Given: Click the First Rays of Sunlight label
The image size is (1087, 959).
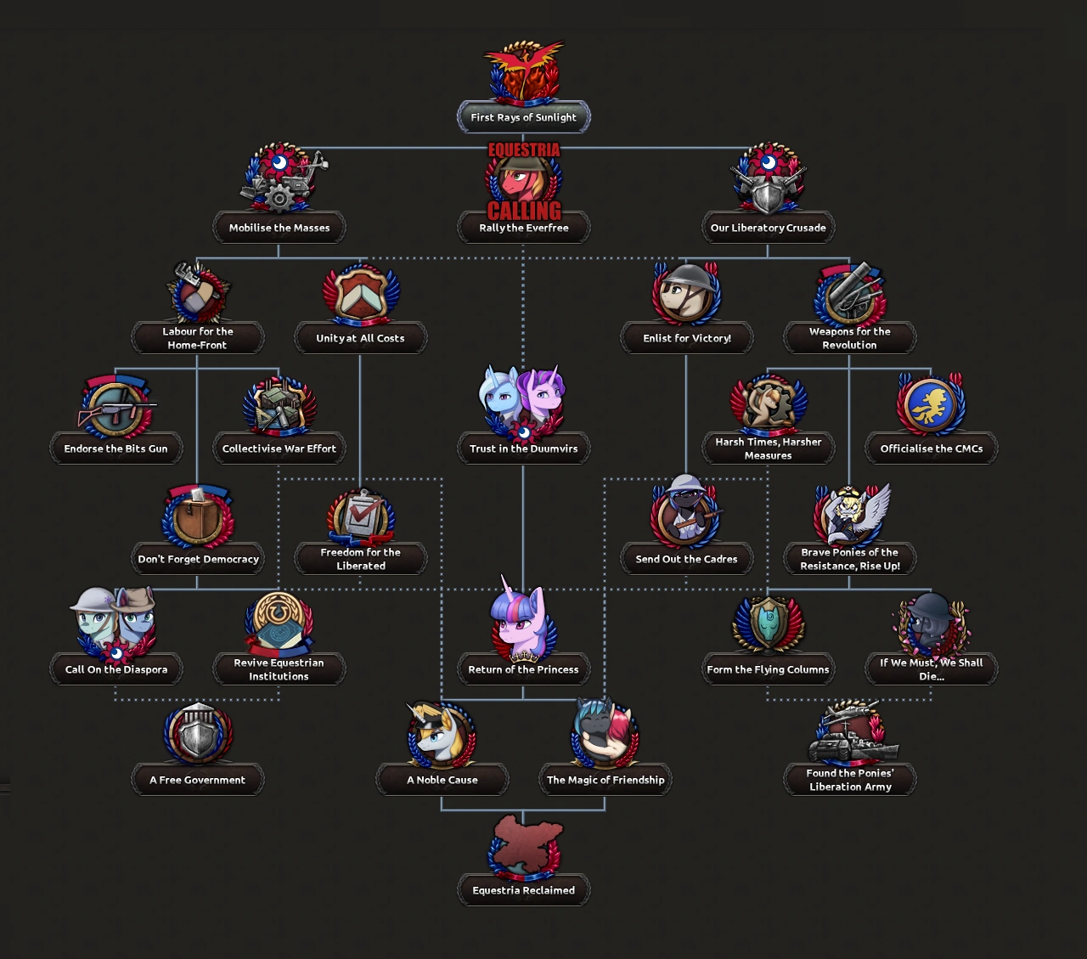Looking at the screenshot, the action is click(523, 117).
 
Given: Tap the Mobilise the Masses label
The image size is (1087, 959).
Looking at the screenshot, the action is click(279, 228).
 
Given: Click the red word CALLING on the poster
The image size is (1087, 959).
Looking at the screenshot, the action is click(524, 210).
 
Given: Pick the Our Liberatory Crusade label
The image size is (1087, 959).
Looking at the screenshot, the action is click(768, 228).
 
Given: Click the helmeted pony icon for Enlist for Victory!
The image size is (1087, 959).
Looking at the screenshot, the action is click(686, 293).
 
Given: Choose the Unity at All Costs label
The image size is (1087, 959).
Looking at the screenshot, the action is click(360, 338).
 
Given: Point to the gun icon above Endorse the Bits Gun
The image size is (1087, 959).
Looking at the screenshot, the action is click(115, 406).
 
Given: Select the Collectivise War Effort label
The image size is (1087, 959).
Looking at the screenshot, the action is click(279, 448).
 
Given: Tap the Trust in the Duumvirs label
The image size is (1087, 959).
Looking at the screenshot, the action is click(523, 448).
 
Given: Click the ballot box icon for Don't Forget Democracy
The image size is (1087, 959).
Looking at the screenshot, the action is click(197, 516).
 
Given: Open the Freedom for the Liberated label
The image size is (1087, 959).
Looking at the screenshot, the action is click(360, 559).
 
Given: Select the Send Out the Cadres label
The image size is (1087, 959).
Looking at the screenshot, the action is click(686, 559).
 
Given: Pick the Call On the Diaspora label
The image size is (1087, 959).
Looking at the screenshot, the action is click(115, 669).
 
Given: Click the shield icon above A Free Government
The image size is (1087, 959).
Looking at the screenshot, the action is click(197, 735).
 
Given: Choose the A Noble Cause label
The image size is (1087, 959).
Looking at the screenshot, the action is click(442, 780).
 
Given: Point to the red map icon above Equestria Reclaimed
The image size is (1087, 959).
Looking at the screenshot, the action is click(523, 844).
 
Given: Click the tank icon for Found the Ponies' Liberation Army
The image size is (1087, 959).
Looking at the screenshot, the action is click(849, 735).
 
